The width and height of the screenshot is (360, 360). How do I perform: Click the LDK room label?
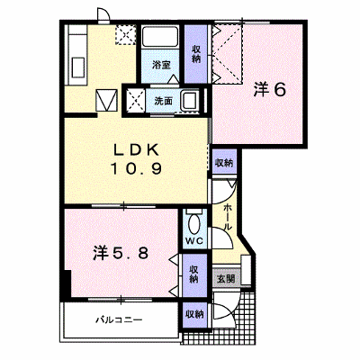[136, 150]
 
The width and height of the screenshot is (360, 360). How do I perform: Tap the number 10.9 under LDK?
[137, 169]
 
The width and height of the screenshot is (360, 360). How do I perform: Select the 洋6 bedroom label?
[269, 89]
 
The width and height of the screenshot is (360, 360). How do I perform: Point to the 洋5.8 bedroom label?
[120, 254]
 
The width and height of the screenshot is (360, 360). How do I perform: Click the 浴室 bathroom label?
[161, 65]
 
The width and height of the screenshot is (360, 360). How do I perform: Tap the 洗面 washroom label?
[163, 101]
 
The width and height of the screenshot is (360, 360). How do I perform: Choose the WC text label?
[194, 240]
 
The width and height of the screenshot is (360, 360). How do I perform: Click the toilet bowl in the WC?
[194, 223]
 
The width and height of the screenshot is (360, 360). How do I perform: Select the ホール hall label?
[228, 216]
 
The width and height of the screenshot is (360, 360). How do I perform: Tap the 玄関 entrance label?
[226, 279]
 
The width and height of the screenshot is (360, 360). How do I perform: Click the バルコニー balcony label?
[119, 319]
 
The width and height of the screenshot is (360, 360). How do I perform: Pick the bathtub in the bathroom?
[159, 37]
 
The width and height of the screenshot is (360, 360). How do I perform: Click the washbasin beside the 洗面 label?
[189, 101]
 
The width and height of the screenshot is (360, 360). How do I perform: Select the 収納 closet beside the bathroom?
[195, 54]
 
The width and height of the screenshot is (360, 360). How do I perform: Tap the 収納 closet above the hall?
[225, 163]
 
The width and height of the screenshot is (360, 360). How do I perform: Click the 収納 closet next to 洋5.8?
[194, 274]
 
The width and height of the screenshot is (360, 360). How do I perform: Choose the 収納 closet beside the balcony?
[194, 314]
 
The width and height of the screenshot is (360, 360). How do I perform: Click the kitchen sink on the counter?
[77, 67]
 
